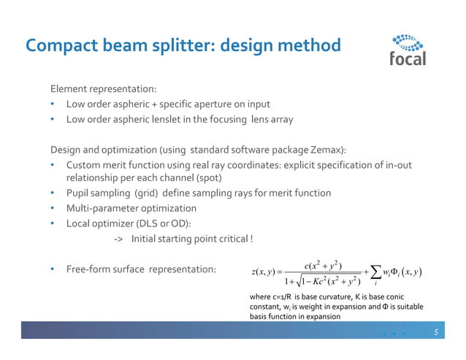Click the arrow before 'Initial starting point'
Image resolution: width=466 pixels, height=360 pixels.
pos(118,239)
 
